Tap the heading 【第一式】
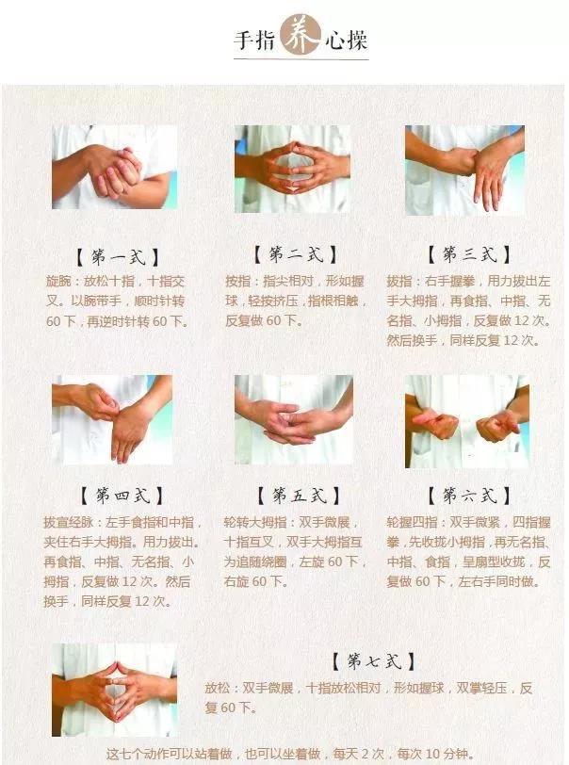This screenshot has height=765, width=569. tap(118, 256)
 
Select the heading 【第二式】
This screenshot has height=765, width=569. tap(295, 254)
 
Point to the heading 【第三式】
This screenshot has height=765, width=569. tap(469, 254)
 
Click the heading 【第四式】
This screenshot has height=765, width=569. tap(122, 496)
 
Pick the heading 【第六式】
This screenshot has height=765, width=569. tap(469, 496)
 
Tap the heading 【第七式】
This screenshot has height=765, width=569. tap(374, 661)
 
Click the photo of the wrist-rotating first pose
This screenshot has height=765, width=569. tap(115, 167)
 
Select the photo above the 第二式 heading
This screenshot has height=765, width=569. tap(293, 169)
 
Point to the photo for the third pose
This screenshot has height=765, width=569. tap(465, 171)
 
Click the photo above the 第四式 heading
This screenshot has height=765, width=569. tap(112, 419)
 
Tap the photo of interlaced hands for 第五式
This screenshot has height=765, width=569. tap(294, 419)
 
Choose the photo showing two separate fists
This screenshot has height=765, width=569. tap(467, 421)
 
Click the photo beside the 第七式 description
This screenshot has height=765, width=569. tap(115, 690)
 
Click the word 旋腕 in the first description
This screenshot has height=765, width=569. tap(58, 281)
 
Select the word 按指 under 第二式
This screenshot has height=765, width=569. tap(237, 281)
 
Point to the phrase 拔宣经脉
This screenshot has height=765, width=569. tap(68, 523)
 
